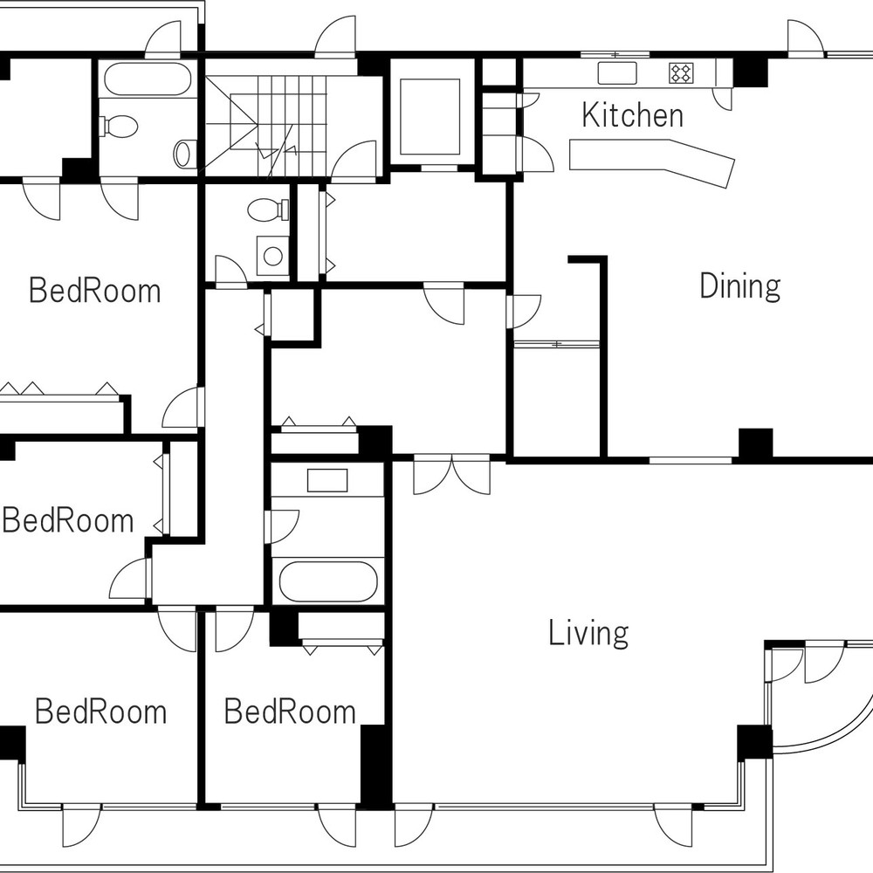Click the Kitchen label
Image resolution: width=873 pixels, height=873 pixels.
[x=632, y=115]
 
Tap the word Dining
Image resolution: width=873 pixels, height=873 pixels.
[x=740, y=286]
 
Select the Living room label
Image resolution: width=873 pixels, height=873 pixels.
[x=588, y=633]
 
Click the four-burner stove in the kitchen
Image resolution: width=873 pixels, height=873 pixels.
[x=681, y=73]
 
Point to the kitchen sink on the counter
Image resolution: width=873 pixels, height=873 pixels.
[x=617, y=73]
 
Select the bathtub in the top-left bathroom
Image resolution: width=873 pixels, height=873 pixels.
[x=148, y=79]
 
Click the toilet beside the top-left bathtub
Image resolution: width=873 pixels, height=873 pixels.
[x=119, y=127]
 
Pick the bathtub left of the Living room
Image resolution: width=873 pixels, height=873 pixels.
[x=328, y=581]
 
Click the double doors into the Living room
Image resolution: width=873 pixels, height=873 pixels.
[x=452, y=474]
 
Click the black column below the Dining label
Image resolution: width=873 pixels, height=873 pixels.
[x=755, y=443]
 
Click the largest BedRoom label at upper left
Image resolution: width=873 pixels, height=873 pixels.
[x=94, y=291]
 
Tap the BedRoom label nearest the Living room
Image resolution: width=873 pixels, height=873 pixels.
[x=290, y=711]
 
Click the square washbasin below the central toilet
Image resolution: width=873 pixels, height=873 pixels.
[x=272, y=256]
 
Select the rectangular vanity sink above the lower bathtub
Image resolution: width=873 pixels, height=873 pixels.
[x=327, y=480]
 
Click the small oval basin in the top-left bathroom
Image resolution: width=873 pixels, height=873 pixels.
[x=182, y=154]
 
